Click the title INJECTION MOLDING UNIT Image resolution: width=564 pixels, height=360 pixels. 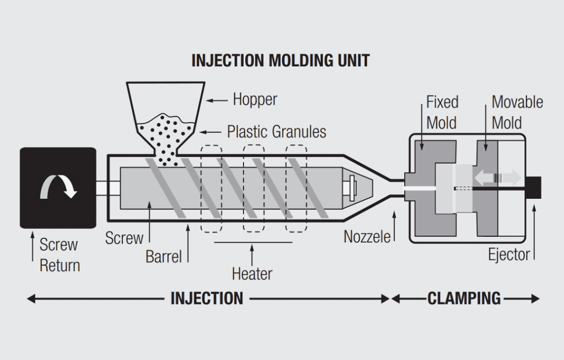280,60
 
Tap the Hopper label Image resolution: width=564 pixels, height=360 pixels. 255,99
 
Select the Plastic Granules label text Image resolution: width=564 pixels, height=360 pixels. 277,132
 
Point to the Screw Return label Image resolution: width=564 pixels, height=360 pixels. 59,255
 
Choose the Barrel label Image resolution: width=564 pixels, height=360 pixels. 163,257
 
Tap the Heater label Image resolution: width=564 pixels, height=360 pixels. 252,273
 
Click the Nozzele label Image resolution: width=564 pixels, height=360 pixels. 367,236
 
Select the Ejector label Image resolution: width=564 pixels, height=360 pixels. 509,255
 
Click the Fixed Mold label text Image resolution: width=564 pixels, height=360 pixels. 442,112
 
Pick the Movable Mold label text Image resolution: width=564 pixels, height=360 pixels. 517,112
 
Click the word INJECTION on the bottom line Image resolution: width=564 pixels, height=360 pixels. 207,299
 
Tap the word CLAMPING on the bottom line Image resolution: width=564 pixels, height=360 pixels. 464,299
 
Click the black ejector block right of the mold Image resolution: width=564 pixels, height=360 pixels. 535,187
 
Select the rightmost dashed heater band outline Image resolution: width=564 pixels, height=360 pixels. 297,188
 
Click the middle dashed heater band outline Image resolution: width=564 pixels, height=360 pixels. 254,188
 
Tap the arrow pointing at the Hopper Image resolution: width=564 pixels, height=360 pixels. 216,100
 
